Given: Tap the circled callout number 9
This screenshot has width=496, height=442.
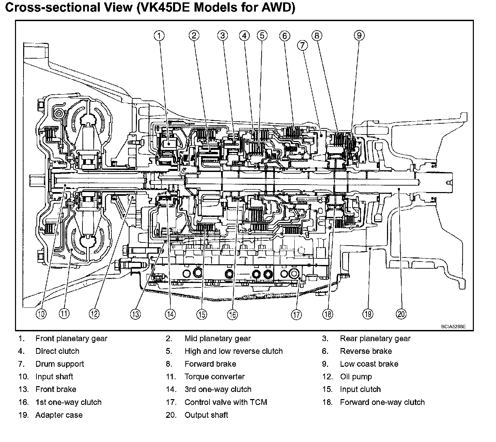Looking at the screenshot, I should click(x=359, y=35).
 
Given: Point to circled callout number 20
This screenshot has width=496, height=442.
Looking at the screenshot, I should click(x=402, y=314).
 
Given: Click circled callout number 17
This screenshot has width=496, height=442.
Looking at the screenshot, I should click(x=297, y=314).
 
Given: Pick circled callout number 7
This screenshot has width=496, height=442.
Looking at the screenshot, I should click(x=302, y=45).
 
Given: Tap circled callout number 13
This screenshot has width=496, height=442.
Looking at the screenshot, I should click(x=136, y=314).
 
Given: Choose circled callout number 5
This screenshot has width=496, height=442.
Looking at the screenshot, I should click(x=262, y=35).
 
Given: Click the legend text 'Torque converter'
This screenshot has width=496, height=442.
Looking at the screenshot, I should click(x=215, y=377).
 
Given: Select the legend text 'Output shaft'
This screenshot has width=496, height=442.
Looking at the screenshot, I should click(x=206, y=415).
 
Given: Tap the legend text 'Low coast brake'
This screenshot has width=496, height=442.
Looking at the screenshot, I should click(x=369, y=364).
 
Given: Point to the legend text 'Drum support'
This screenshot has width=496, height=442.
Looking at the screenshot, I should click(x=60, y=364).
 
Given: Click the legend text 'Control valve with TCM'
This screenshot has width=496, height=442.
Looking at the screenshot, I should click(x=226, y=402).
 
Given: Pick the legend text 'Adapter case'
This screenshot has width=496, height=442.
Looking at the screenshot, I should click(x=59, y=415).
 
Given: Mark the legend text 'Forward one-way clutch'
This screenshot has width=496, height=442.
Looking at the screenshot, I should click(x=382, y=402).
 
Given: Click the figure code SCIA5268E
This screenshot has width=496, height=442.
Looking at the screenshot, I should click(x=453, y=327).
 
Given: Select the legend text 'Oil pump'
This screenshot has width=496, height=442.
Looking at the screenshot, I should click(x=356, y=377).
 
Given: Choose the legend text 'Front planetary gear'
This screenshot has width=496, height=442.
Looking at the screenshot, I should click(x=71, y=338).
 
